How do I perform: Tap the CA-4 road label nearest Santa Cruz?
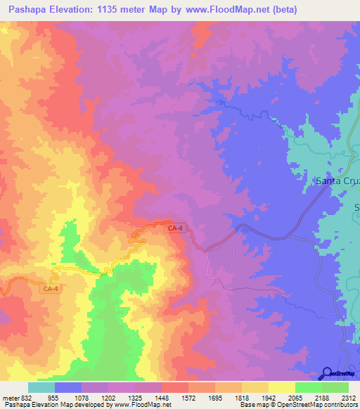tap(175, 228)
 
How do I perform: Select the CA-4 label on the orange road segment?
tap(51, 288)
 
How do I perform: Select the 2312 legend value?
tap(349, 396)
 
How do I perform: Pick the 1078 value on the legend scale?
tap(82, 396)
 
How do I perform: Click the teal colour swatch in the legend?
tap(41, 387)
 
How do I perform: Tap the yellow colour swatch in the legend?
tap(281, 387)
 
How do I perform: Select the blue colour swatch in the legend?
tap(68, 387)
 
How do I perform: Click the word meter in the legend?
tap(11, 396)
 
